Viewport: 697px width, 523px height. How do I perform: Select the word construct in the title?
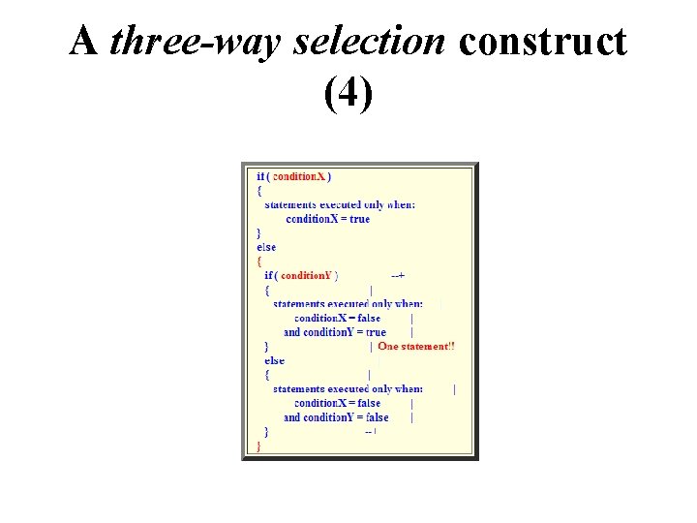click(543, 43)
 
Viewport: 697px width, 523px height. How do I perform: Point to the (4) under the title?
click(348, 94)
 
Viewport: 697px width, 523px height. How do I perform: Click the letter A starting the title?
click(84, 43)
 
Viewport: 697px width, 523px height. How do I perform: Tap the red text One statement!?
click(416, 346)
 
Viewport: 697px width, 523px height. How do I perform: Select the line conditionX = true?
click(327, 219)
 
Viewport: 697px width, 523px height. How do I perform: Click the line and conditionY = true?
click(334, 332)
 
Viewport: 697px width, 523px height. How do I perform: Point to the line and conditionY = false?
click(335, 417)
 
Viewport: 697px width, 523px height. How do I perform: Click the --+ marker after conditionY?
click(397, 275)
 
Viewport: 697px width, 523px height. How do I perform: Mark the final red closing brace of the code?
click(258, 446)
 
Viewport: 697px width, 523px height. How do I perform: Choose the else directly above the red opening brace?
click(265, 247)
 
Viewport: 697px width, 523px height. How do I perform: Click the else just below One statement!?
click(274, 360)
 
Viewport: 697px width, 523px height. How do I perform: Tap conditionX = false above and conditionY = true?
click(337, 318)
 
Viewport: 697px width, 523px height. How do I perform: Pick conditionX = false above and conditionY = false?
click(337, 403)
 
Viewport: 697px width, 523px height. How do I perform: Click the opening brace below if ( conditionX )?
click(258, 191)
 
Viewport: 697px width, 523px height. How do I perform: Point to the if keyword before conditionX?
click(259, 176)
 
